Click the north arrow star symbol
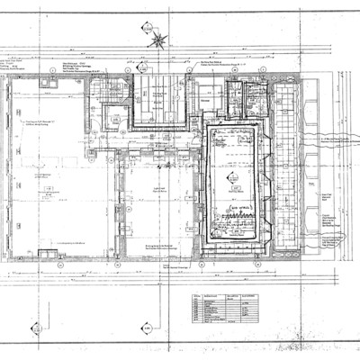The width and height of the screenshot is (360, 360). coord(158,39)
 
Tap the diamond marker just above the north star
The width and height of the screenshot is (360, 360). coord(145,28)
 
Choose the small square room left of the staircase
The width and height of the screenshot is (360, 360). coord(115,117)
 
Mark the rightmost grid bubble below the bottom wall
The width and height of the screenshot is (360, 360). coord(306,265)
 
